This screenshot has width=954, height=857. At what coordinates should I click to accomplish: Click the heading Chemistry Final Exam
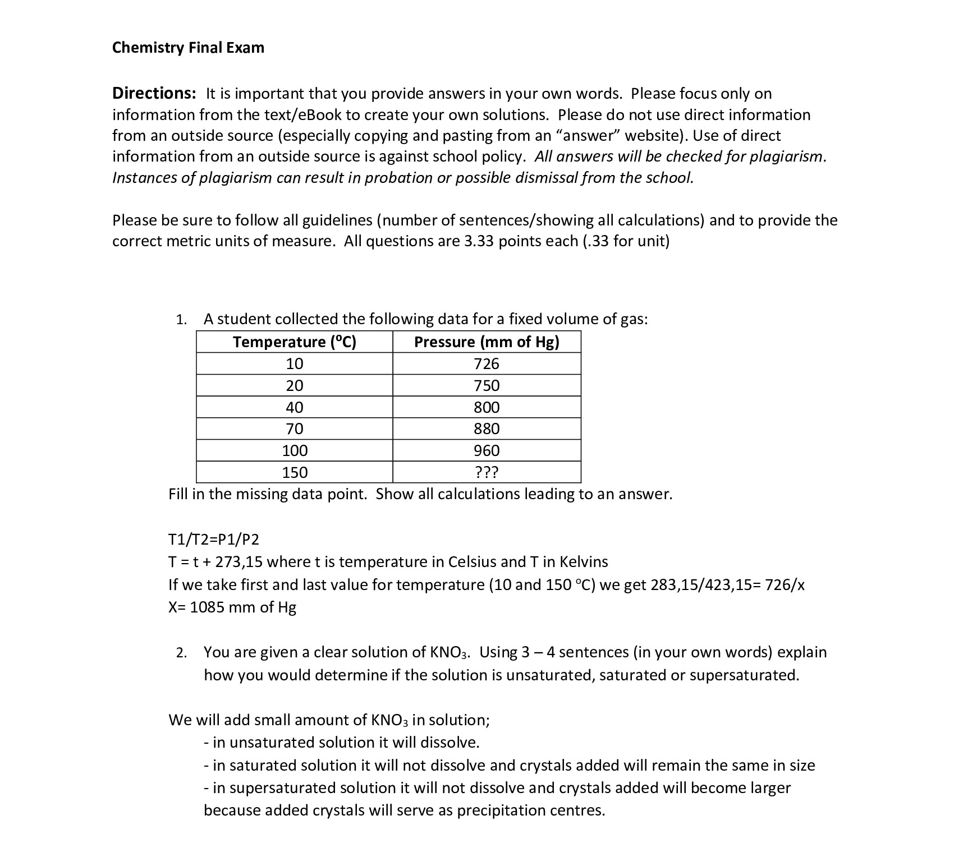click(188, 48)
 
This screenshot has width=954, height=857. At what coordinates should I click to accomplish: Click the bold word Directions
click(154, 93)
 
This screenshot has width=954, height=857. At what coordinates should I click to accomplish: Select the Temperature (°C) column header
click(294, 342)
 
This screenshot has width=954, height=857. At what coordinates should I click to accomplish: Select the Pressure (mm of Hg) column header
click(487, 342)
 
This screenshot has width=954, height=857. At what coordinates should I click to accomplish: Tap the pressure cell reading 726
click(487, 364)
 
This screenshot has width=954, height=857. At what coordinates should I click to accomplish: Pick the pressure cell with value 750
click(487, 386)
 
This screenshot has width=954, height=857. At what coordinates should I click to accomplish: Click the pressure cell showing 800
click(487, 407)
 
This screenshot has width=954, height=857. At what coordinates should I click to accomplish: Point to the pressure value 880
click(487, 429)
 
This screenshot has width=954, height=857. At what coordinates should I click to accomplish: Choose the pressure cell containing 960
click(487, 451)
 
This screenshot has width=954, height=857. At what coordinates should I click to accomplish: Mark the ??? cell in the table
click(487, 473)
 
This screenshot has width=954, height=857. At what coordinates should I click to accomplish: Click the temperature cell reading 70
click(294, 429)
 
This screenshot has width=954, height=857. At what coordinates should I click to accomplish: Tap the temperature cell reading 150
click(294, 473)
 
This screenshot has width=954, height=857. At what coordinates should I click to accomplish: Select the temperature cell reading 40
click(294, 407)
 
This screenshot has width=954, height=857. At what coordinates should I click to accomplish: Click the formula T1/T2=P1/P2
click(214, 540)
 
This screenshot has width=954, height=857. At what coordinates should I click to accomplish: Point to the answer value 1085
click(208, 607)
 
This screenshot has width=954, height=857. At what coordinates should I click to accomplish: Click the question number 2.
click(180, 653)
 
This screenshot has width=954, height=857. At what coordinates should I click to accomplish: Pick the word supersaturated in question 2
click(743, 675)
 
